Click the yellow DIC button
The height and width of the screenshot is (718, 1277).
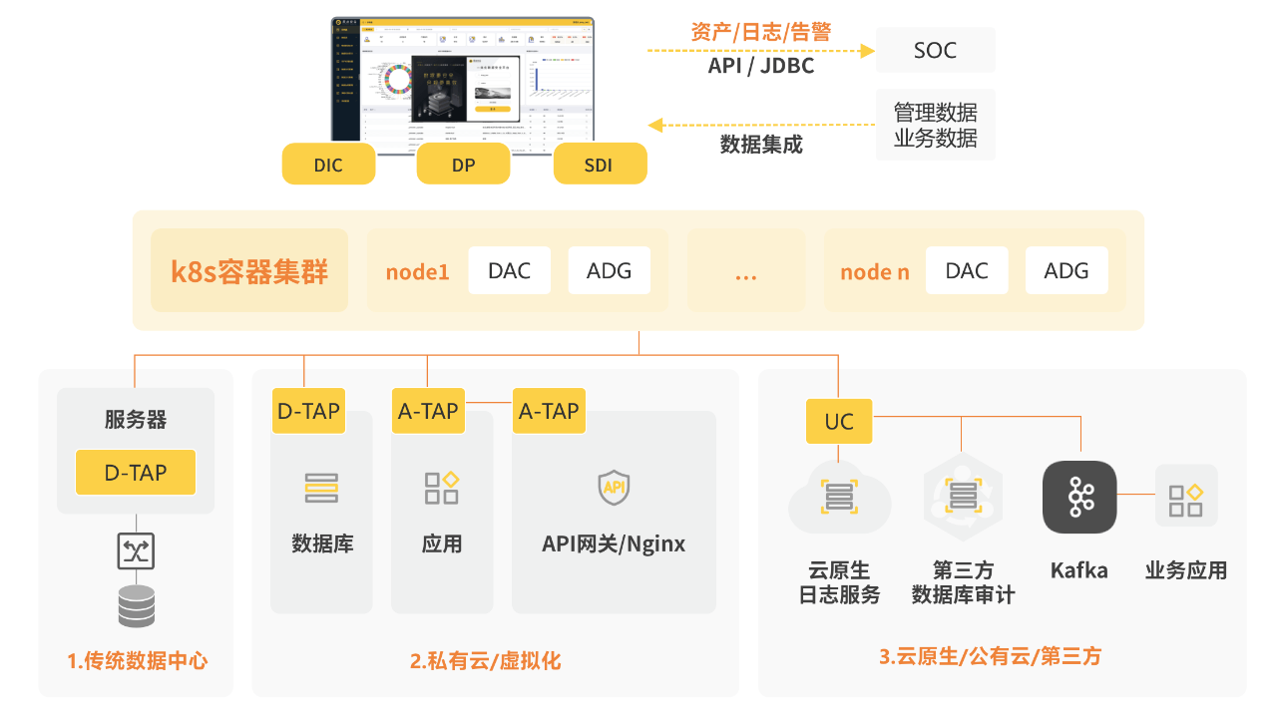pyautogui.click(x=328, y=165)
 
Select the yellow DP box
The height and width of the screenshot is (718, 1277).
pyautogui.click(x=463, y=165)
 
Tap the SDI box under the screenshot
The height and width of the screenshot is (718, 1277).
pyautogui.click(x=600, y=165)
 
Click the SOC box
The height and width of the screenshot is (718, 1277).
pyautogui.click(x=935, y=50)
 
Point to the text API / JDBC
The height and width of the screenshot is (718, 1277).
pyautogui.click(x=761, y=66)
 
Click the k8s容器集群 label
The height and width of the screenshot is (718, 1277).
pyautogui.click(x=249, y=271)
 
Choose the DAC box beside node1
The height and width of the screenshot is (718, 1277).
pyautogui.click(x=509, y=271)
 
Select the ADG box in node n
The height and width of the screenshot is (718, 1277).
pyautogui.click(x=1065, y=271)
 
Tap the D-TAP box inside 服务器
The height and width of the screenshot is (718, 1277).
pyautogui.click(x=136, y=473)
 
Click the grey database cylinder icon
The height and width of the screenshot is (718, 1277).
pyautogui.click(x=136, y=606)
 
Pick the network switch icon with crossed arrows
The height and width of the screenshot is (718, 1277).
pyautogui.click(x=136, y=550)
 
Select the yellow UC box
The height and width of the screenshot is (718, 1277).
pyautogui.click(x=839, y=422)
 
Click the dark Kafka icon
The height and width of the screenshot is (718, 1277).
pyautogui.click(x=1079, y=497)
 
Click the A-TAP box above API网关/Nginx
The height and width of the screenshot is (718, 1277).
pyautogui.click(x=549, y=411)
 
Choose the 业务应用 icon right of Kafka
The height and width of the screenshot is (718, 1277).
pyautogui.click(x=1186, y=496)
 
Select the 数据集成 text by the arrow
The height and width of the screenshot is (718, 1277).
pyautogui.click(x=761, y=145)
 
